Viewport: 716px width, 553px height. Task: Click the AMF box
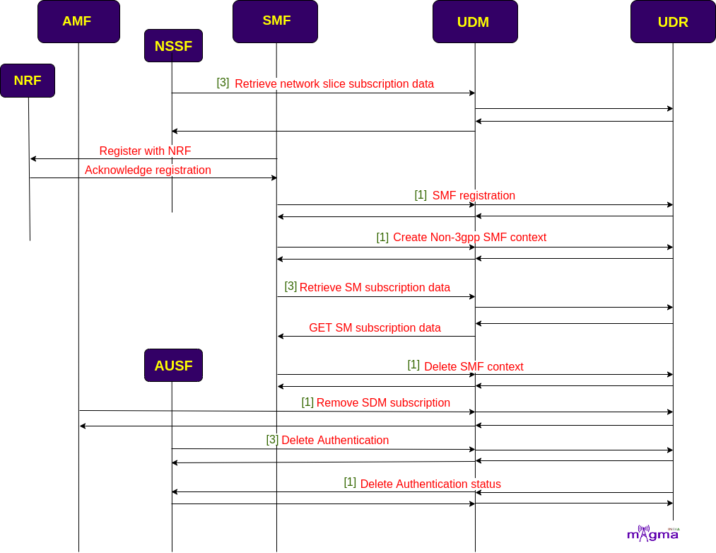coord(78,21)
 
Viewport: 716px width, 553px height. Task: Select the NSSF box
coord(173,46)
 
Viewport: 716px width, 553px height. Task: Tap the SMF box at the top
coord(276,21)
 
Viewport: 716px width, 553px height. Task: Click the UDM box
coord(476,21)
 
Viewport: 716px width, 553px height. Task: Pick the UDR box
coord(673,21)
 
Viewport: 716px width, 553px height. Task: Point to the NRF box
coord(28,81)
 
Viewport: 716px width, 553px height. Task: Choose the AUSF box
coord(173,365)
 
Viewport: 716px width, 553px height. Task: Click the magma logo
coord(653,533)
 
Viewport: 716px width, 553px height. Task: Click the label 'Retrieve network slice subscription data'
coord(334,84)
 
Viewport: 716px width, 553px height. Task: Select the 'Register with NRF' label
coord(145,151)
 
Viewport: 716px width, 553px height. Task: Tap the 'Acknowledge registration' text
coord(148,170)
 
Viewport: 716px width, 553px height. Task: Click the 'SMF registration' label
coord(474,196)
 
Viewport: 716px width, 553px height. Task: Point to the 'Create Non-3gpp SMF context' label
coord(469,238)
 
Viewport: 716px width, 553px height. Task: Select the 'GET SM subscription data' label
coord(375,327)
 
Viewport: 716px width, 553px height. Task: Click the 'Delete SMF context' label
coord(474,366)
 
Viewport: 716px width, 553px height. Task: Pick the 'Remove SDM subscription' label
coord(383,402)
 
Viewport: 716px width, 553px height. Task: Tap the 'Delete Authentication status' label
coord(430,484)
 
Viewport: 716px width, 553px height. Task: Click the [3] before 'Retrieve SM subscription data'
coord(290,286)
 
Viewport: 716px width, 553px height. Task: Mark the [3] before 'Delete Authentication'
coord(272,439)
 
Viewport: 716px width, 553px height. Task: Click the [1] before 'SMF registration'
coord(421,194)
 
